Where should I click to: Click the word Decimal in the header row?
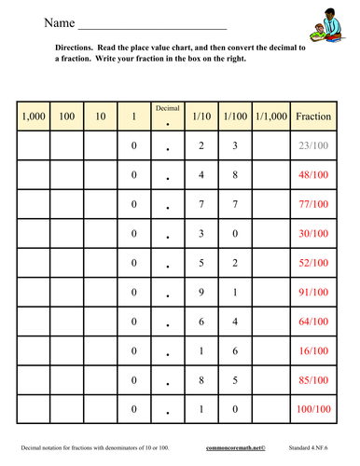coord(167,109)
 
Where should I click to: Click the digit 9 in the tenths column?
coord(201,293)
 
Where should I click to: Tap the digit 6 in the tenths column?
coord(201,322)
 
